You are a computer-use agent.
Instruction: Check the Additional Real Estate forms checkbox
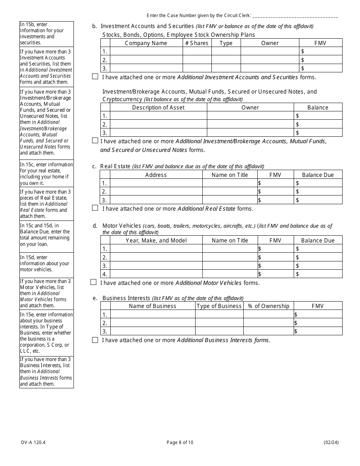pyautogui.click(x=95, y=208)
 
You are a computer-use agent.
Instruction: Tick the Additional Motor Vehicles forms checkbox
pyautogui.click(x=93, y=282)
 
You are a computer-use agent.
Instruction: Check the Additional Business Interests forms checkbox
pyautogui.click(x=95, y=340)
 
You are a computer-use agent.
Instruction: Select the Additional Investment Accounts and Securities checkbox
pyautogui.click(x=95, y=77)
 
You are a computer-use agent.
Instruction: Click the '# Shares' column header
pyautogui.click(x=197, y=43)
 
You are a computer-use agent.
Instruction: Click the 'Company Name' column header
pyautogui.click(x=146, y=43)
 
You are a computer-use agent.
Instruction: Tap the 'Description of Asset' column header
pyautogui.click(x=158, y=108)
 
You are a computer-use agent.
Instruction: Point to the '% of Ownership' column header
pyautogui.click(x=268, y=306)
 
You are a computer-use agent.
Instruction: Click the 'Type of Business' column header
pyautogui.click(x=219, y=306)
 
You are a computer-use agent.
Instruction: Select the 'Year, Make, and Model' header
pyautogui.click(x=156, y=241)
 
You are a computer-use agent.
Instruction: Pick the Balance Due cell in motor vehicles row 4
pyautogui.click(x=318, y=274)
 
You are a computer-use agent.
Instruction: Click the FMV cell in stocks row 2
pyautogui.click(x=321, y=60)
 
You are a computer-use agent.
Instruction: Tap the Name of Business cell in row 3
pyautogui.click(x=152, y=331)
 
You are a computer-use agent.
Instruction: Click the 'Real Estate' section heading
pyautogui.click(x=115, y=166)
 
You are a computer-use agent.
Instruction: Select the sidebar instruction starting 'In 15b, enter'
pyautogui.click(x=46, y=34)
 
